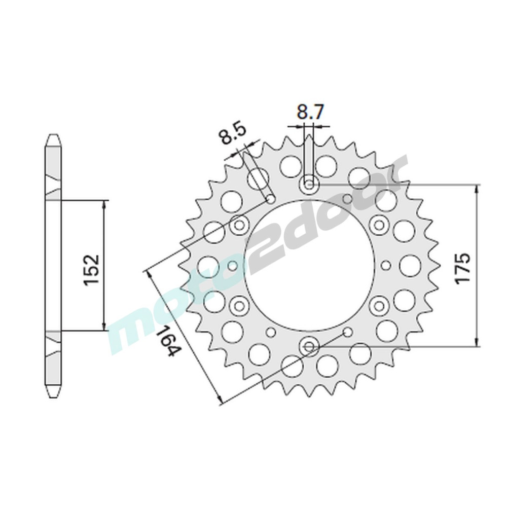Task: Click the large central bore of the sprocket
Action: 309,266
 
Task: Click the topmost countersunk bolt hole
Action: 309,185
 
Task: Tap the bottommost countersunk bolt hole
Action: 309,347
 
